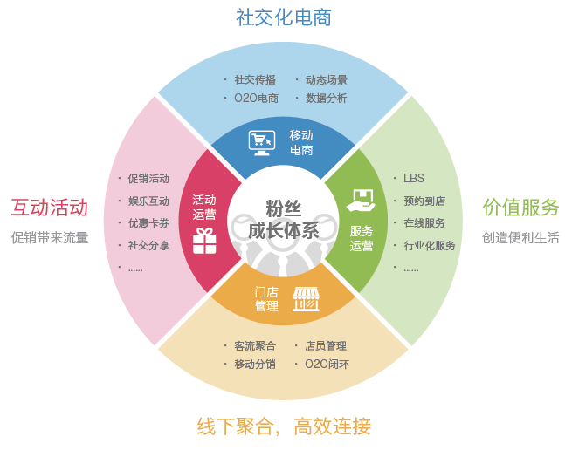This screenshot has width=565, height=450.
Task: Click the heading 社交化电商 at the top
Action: point(284,17)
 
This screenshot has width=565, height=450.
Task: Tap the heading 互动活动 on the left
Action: point(50,208)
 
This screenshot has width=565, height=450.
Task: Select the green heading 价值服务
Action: point(520,208)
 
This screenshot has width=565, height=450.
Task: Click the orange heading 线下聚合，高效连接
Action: point(284,426)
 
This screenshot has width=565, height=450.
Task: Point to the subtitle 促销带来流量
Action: point(50,237)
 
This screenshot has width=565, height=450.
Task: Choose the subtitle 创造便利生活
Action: point(520,237)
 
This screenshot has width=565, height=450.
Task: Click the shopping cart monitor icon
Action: point(261,141)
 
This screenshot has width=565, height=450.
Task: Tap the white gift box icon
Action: point(204,241)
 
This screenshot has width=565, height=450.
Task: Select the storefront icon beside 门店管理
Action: point(306,298)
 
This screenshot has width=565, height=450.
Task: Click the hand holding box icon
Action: point(361,201)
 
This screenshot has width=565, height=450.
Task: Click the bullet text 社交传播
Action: point(255,79)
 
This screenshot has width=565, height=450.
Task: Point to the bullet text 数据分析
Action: point(326,99)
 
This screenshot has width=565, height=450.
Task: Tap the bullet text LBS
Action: point(414,178)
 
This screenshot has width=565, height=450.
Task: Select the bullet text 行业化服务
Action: point(430,246)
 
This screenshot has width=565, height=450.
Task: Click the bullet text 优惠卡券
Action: point(148,223)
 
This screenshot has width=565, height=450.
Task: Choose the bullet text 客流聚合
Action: point(255,345)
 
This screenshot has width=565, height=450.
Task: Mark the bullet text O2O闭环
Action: point(327,365)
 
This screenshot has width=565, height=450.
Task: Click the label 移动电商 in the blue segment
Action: point(301,143)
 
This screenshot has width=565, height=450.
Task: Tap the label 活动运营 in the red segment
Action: point(204,207)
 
